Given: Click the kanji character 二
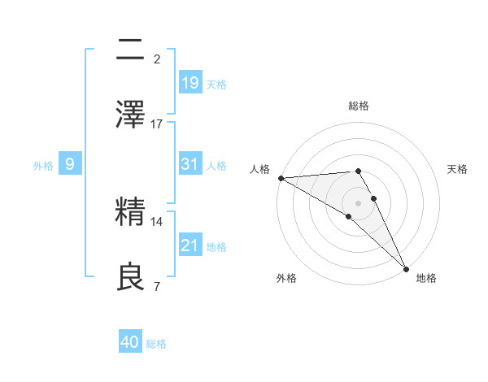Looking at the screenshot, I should click(x=132, y=50).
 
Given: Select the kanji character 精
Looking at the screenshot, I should click(x=132, y=214).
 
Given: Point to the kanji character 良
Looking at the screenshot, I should click(x=132, y=276).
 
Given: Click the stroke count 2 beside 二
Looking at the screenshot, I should click(x=156, y=59).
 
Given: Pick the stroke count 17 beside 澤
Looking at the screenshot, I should click(x=157, y=124).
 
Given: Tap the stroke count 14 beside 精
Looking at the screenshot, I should click(x=157, y=221).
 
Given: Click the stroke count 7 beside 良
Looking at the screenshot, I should click(x=156, y=285).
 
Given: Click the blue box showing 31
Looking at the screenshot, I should click(x=190, y=164).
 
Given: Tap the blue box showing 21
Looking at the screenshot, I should click(x=190, y=245).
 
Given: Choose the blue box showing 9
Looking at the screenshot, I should click(x=70, y=164).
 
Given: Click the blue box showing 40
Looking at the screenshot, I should click(x=130, y=342).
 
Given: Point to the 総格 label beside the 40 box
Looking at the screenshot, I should click(x=156, y=344).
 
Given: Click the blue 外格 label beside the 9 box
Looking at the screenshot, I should click(x=43, y=166).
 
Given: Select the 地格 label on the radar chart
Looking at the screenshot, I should click(x=426, y=279).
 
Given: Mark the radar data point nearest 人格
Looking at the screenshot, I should click(x=281, y=178).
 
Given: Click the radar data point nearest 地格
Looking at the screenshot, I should click(x=405, y=269).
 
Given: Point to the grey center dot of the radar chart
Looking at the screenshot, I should click(x=358, y=202).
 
